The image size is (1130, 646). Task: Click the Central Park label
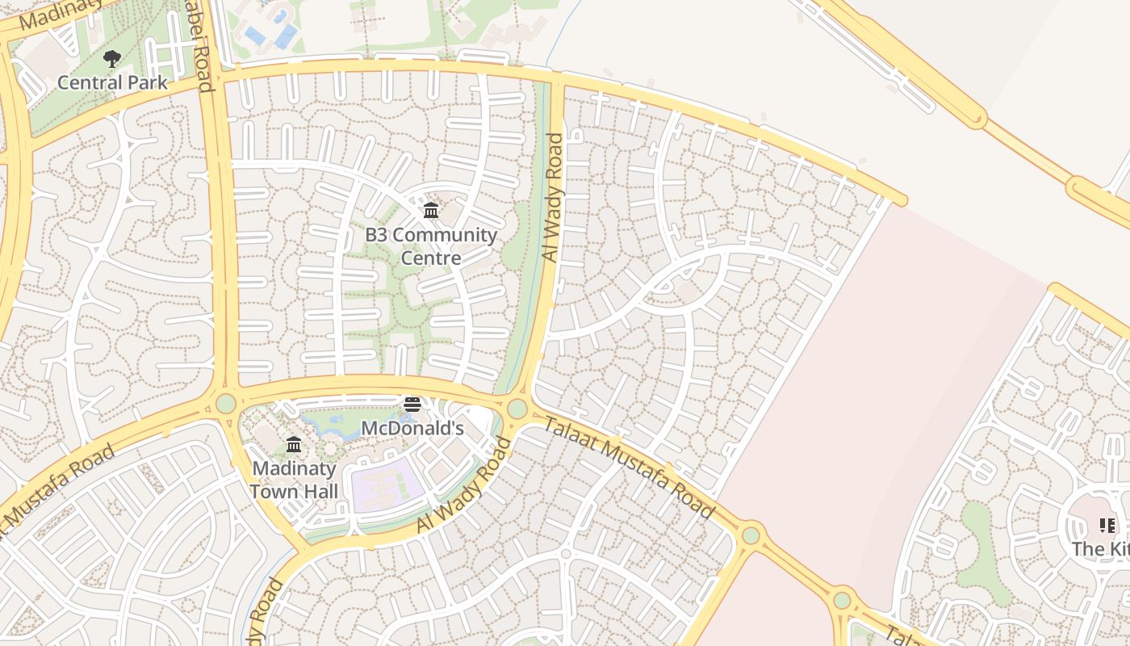tap(112, 82)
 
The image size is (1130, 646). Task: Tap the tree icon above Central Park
tap(112, 59)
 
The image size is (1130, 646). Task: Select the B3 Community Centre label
tap(431, 246)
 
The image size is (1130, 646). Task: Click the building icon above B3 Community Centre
tap(431, 211)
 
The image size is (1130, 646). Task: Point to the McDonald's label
tap(412, 428)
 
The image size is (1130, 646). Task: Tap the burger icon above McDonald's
tap(412, 404)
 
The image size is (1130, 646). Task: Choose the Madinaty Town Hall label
tap(294, 480)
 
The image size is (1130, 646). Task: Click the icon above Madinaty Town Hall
tap(294, 445)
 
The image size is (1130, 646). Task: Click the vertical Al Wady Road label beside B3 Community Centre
tap(552, 198)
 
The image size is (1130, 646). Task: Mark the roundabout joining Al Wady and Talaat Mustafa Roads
tap(517, 409)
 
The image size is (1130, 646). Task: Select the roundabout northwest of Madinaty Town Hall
tap(225, 402)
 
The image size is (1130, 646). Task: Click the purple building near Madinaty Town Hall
tap(387, 488)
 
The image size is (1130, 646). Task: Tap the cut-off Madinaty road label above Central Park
tap(61, 14)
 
